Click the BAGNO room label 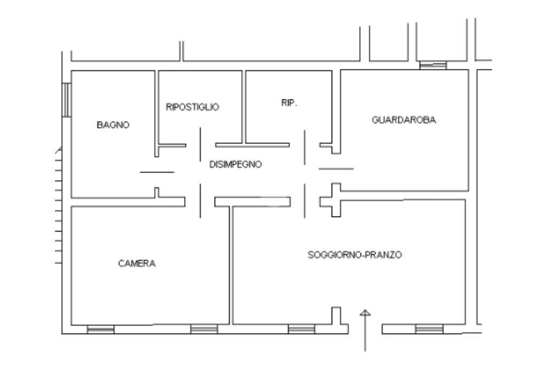(x=113, y=125)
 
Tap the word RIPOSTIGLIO (x=192, y=107)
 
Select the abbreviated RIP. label (x=289, y=104)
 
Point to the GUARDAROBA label (x=404, y=120)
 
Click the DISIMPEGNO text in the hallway (x=236, y=165)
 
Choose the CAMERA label (x=137, y=263)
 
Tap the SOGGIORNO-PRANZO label (x=355, y=255)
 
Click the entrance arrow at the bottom (x=365, y=329)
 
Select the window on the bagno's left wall (x=66, y=99)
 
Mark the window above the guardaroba (x=433, y=65)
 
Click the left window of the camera (x=100, y=329)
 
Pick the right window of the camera (x=204, y=329)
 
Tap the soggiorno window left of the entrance (x=301, y=329)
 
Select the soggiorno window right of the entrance (x=429, y=329)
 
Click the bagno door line (x=157, y=172)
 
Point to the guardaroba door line (x=336, y=169)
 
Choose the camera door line (x=200, y=200)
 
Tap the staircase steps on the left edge (x=58, y=208)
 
